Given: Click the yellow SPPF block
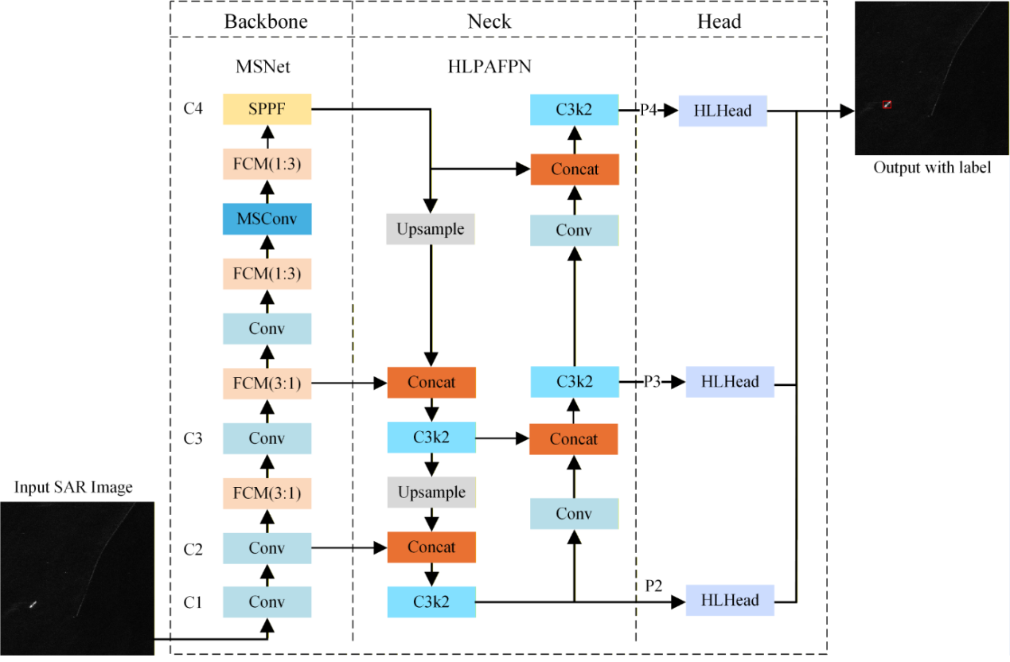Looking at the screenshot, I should (267, 109).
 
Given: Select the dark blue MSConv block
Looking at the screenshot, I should (267, 219).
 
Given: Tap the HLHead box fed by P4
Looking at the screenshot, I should (723, 111).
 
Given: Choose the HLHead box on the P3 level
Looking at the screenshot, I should (730, 382).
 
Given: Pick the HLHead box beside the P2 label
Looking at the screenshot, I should (730, 600).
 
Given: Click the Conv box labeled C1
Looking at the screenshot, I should (267, 602).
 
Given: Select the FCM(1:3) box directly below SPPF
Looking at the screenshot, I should (267, 164).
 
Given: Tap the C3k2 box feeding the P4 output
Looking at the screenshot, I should (574, 109).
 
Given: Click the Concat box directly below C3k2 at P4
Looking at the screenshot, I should (574, 169).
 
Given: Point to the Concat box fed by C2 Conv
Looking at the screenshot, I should (431, 547).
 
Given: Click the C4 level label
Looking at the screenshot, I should (193, 109).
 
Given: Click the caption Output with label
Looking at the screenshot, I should (932, 167).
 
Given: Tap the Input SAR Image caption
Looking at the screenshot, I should (73, 487).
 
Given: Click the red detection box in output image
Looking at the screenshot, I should (887, 104).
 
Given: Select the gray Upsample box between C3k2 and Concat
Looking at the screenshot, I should (431, 493).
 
